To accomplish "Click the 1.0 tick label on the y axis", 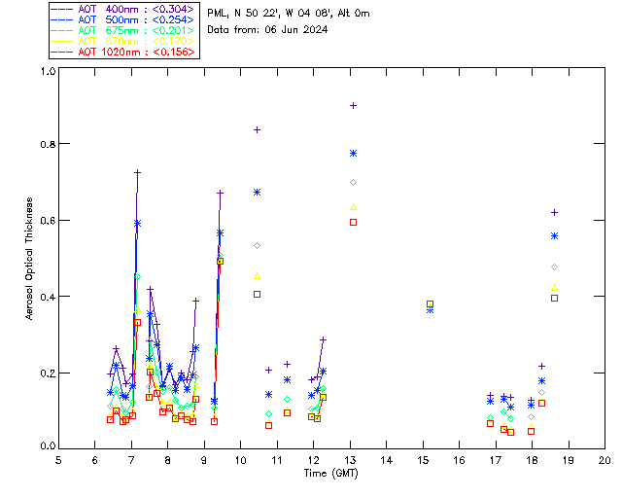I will (46, 72).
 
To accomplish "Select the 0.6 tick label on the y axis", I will (46, 221).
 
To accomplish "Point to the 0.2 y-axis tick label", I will (46, 373).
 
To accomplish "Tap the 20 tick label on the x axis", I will (605, 459).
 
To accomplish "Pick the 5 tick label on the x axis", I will (58, 459).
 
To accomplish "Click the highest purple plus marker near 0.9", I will (354, 105).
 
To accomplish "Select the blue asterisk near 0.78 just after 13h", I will (354, 153).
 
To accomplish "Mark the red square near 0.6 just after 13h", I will (354, 222).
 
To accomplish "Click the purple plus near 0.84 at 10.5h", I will (258, 129).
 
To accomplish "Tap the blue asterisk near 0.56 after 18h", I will (555, 235).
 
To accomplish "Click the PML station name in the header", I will (218, 13).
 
